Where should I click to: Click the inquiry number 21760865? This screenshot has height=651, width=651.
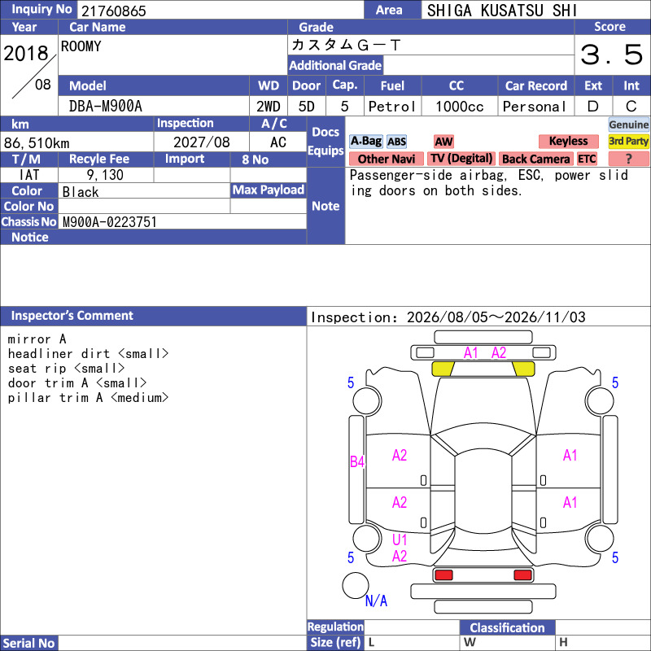pos(114,11)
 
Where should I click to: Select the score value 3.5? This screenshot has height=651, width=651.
pos(611,55)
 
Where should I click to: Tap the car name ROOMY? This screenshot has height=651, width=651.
pos(81,46)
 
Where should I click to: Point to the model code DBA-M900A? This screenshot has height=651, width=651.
pos(106,107)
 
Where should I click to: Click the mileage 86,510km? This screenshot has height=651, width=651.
pos(37,143)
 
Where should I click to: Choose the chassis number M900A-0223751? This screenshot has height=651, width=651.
pos(109,222)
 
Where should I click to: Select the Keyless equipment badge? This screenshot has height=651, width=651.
pos(568,141)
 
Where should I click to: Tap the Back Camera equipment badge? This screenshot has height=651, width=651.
pos(535,159)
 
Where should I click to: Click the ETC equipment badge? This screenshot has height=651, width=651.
pos(587,159)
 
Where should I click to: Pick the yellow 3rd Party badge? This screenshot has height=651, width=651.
pos(628,141)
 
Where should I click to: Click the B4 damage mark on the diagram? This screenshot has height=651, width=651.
pos(357,461)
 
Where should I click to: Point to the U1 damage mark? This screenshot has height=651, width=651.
pos(400,540)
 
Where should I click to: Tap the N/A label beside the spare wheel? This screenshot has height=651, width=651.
pos(376,601)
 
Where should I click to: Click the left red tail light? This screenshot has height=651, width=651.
pos(443,575)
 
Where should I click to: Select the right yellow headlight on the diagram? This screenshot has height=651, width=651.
pos(523,369)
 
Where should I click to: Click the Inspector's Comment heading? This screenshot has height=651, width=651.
pos(72,316)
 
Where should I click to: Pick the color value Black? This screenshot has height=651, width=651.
pos(81,192)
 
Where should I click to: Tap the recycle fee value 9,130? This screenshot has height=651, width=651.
pos(105,175)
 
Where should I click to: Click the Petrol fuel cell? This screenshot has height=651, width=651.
pos(392,107)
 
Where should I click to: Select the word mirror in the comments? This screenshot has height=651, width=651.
pos(29,339)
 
